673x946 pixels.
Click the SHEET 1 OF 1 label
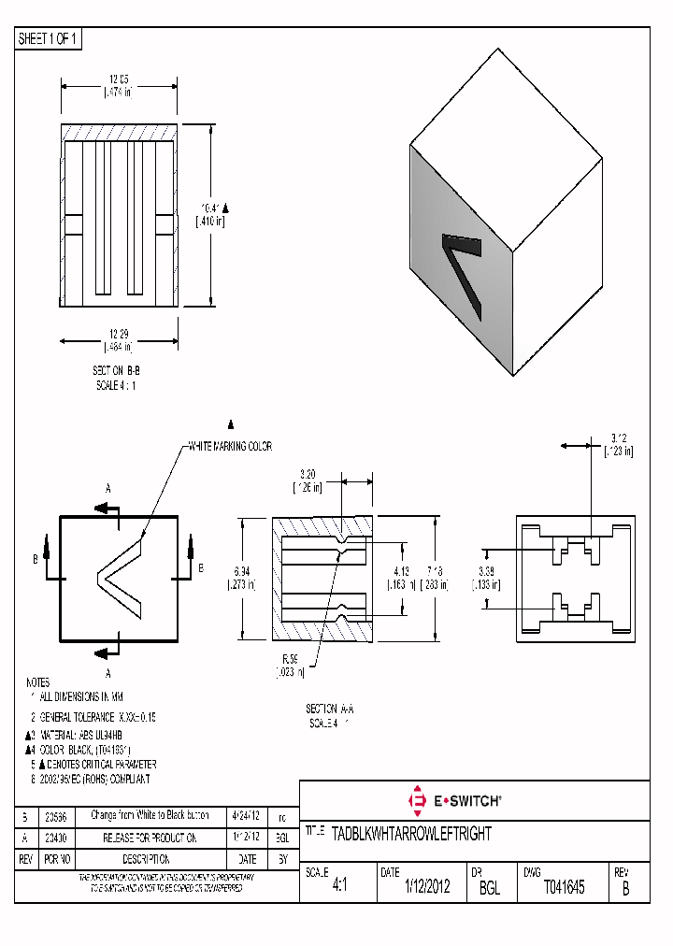point(48,39)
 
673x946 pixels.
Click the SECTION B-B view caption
point(117,371)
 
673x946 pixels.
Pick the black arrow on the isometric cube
point(464,272)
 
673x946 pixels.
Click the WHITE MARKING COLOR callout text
point(230,447)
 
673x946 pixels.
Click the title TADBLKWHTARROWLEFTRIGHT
point(411,833)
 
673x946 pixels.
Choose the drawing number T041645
point(564,887)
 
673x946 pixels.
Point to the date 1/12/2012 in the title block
point(426,887)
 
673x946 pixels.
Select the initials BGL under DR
point(490,888)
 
